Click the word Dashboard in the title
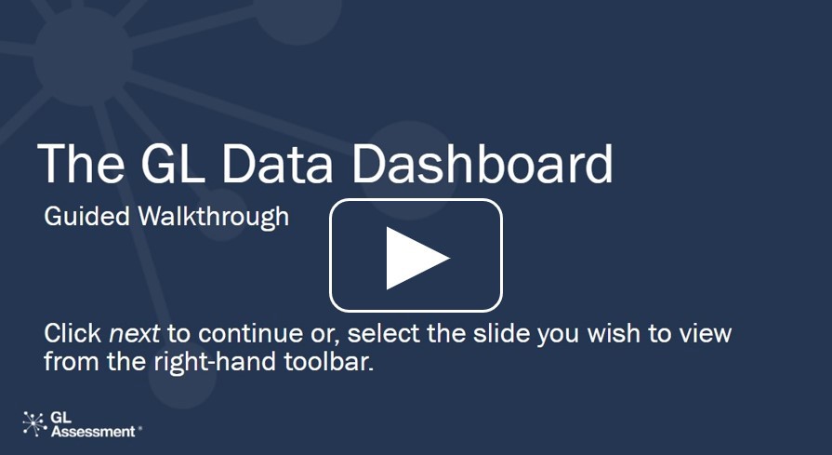[482, 163]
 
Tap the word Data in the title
[278, 164]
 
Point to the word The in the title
[81, 163]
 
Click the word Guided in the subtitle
[87, 217]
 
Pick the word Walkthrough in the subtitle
[214, 217]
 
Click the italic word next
[134, 334]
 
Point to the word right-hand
[216, 363]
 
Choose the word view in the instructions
[708, 334]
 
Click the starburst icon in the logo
[35, 423]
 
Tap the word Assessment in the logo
[93, 431]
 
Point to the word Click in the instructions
[73, 333]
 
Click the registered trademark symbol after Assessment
[139, 427]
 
